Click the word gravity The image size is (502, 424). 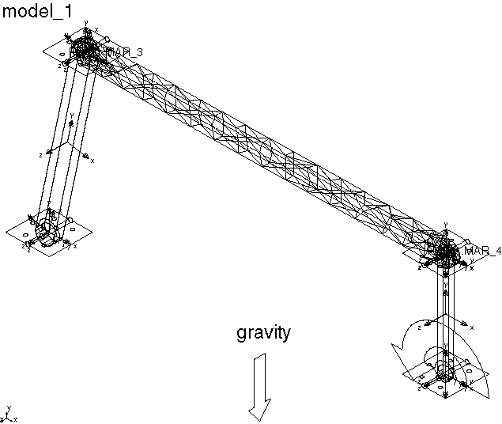(x=263, y=333)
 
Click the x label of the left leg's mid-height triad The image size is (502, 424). (x=92, y=161)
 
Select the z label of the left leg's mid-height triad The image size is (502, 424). (x=41, y=155)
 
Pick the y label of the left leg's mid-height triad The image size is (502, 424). (x=72, y=115)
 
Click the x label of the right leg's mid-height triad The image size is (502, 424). (x=472, y=327)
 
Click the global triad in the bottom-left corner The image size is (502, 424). (x=8, y=415)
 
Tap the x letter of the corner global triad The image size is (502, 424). (x=15, y=419)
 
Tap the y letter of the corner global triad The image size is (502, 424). (x=8, y=407)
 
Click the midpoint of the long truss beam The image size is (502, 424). (x=265, y=147)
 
